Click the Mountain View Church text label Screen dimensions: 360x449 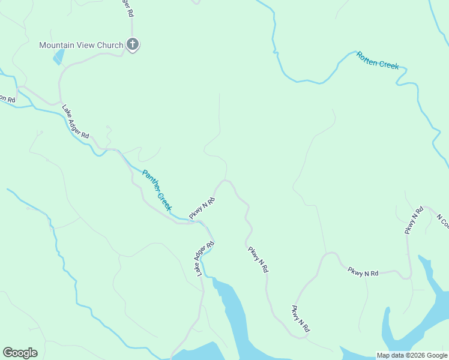point(81,45)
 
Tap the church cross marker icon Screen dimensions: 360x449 point(133,44)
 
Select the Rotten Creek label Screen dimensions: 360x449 point(378,61)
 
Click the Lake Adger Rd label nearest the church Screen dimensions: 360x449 point(76,122)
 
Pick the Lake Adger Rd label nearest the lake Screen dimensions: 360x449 point(203,259)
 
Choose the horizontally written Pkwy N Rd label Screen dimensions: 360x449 point(363,272)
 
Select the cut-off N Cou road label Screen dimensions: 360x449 point(442,221)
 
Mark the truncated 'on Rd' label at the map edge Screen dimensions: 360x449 point(7,98)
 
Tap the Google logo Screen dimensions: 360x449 point(20,353)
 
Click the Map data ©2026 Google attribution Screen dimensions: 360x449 point(412,355)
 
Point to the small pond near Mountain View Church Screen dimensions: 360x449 point(59,57)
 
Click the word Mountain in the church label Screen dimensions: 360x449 point(57,45)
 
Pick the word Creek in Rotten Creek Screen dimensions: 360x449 point(388,64)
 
